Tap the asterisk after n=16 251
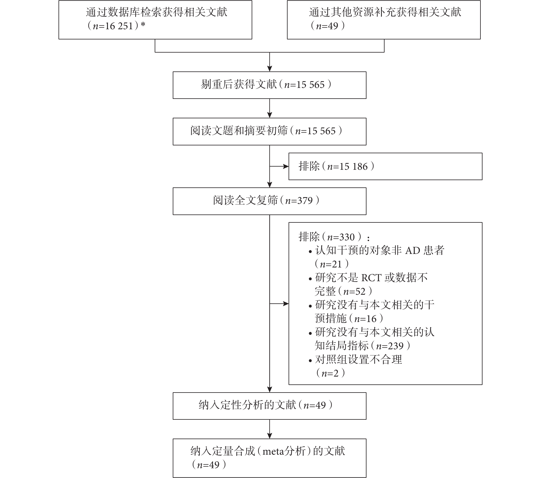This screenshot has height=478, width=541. pos(143,25)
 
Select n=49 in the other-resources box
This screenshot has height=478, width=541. pos(327,26)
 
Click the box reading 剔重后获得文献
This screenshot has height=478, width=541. pos(270,85)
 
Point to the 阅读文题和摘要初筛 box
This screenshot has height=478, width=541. pos(270,131)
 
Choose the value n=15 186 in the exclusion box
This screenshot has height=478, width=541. pos(347,167)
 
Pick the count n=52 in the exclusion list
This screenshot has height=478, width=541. pos(354,292)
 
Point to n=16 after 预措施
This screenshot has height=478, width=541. pos(365,319)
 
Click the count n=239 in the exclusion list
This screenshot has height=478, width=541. pos(390,346)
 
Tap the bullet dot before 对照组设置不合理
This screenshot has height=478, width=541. pos(311,360)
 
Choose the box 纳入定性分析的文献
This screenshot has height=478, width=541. pos(270,406)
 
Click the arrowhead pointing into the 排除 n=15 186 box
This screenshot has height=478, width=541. pos(286,166)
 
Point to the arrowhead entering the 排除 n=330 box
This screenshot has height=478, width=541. pos(286,304)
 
